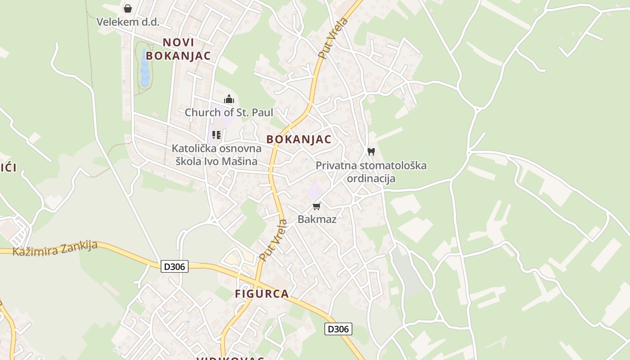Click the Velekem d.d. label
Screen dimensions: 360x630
(x=128, y=22)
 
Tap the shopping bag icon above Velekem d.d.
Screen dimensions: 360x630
(x=128, y=9)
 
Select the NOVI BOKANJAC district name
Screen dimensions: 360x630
(x=178, y=49)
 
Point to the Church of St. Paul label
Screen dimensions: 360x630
(x=229, y=112)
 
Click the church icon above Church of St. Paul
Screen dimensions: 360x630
(x=229, y=99)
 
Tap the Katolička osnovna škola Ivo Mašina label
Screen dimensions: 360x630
(x=216, y=155)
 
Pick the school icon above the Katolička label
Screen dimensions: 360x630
(x=216, y=135)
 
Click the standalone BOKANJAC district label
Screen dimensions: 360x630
(x=299, y=139)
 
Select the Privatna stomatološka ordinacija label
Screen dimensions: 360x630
(x=371, y=172)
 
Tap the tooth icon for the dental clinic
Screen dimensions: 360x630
(x=371, y=152)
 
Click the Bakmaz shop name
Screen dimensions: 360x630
(x=317, y=219)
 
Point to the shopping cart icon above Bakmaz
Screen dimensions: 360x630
(x=317, y=206)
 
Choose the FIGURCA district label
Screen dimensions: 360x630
(x=262, y=294)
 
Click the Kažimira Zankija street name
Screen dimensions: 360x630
(x=55, y=248)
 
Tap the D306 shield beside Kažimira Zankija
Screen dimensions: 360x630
(x=175, y=266)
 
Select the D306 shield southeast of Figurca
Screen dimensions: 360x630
(x=338, y=329)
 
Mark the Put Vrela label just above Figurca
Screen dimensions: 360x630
(x=273, y=240)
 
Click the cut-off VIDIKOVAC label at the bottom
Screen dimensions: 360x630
(x=230, y=358)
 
